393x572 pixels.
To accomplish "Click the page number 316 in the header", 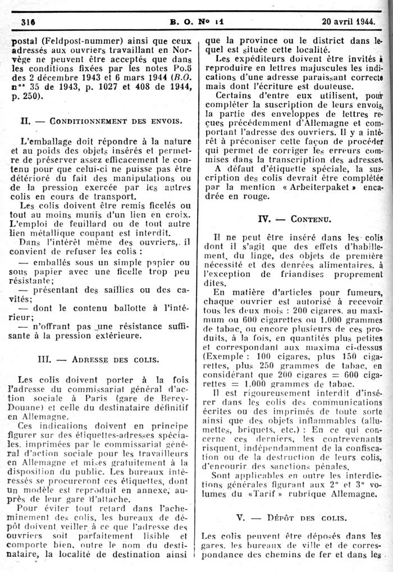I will [28, 22].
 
